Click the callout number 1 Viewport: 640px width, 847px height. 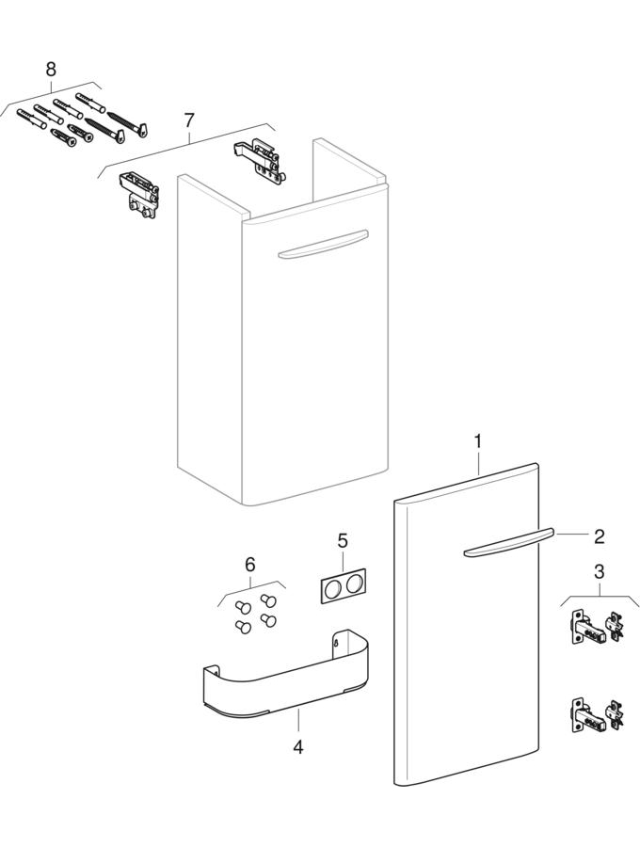[x=477, y=441]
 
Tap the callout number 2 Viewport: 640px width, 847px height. [x=599, y=536]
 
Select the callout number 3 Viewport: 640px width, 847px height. [x=599, y=571]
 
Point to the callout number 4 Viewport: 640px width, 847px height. [x=297, y=747]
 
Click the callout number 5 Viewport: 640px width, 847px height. [x=343, y=540]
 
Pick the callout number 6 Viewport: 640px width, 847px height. [x=250, y=565]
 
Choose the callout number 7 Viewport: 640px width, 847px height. [x=188, y=120]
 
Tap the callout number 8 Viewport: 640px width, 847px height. [x=51, y=69]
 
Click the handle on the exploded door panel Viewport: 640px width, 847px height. [x=509, y=542]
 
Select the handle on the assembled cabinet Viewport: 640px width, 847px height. [x=323, y=246]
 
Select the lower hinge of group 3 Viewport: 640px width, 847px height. [x=597, y=714]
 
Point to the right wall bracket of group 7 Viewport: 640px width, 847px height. [x=259, y=160]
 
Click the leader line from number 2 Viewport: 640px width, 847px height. [x=571, y=535]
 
